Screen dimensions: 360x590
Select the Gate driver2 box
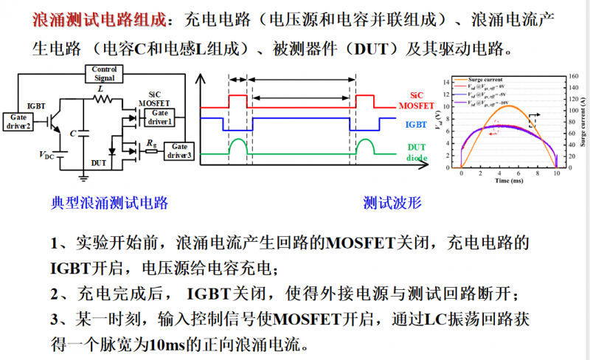click(x=18, y=121)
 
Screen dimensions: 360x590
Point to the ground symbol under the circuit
click(x=84, y=176)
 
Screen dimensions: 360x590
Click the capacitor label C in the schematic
click(x=72, y=134)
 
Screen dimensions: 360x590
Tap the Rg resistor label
click(x=151, y=142)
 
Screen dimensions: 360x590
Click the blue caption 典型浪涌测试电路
click(x=109, y=202)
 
